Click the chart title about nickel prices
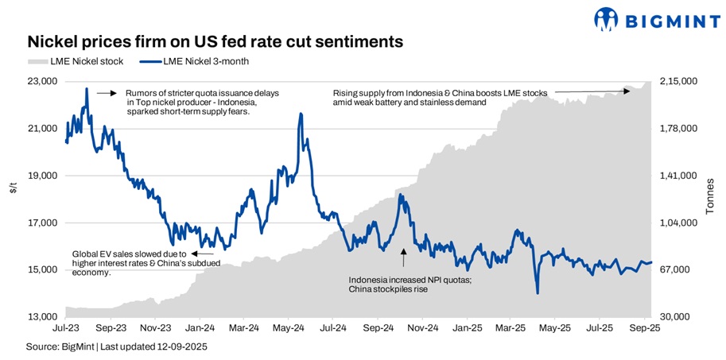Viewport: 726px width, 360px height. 215,41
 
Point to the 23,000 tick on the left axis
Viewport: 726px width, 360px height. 42,81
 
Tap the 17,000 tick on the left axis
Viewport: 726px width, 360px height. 42,223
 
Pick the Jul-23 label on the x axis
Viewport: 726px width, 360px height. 66,327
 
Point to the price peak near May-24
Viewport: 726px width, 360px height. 301,114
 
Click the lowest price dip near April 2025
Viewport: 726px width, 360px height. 538,293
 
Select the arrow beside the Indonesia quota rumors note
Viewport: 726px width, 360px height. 107,93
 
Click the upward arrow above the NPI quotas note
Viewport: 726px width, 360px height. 403,257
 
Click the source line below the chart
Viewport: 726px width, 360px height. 116,346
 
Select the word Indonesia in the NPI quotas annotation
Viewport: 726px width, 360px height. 371,279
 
